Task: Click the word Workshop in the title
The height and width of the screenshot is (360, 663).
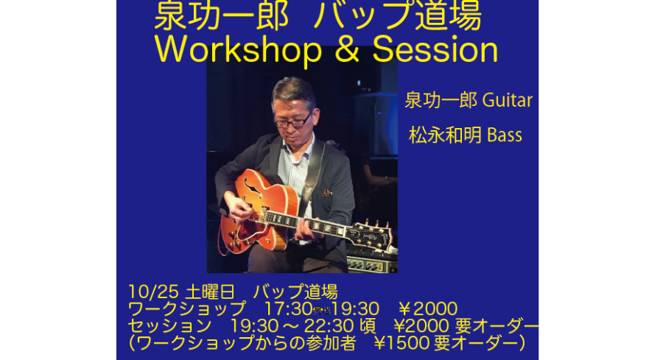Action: pyautogui.click(x=238, y=50)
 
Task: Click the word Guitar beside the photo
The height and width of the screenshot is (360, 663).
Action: pyautogui.click(x=508, y=100)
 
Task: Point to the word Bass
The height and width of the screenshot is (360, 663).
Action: pyautogui.click(x=505, y=135)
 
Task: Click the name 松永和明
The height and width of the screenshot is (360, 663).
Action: pyautogui.click(x=445, y=135)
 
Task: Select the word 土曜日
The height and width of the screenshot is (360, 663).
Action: pyautogui.click(x=210, y=292)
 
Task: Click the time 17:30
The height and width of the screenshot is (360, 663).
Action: pyautogui.click(x=288, y=309)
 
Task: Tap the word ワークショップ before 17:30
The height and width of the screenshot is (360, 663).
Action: pyautogui.click(x=186, y=309)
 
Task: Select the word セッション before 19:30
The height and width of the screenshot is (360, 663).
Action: pyautogui.click(x=169, y=326)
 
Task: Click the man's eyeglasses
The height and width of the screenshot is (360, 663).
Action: pyautogui.click(x=292, y=121)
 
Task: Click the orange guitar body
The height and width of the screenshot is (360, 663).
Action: pyautogui.click(x=258, y=211)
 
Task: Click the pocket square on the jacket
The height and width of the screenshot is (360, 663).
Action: pyautogui.click(x=326, y=192)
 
